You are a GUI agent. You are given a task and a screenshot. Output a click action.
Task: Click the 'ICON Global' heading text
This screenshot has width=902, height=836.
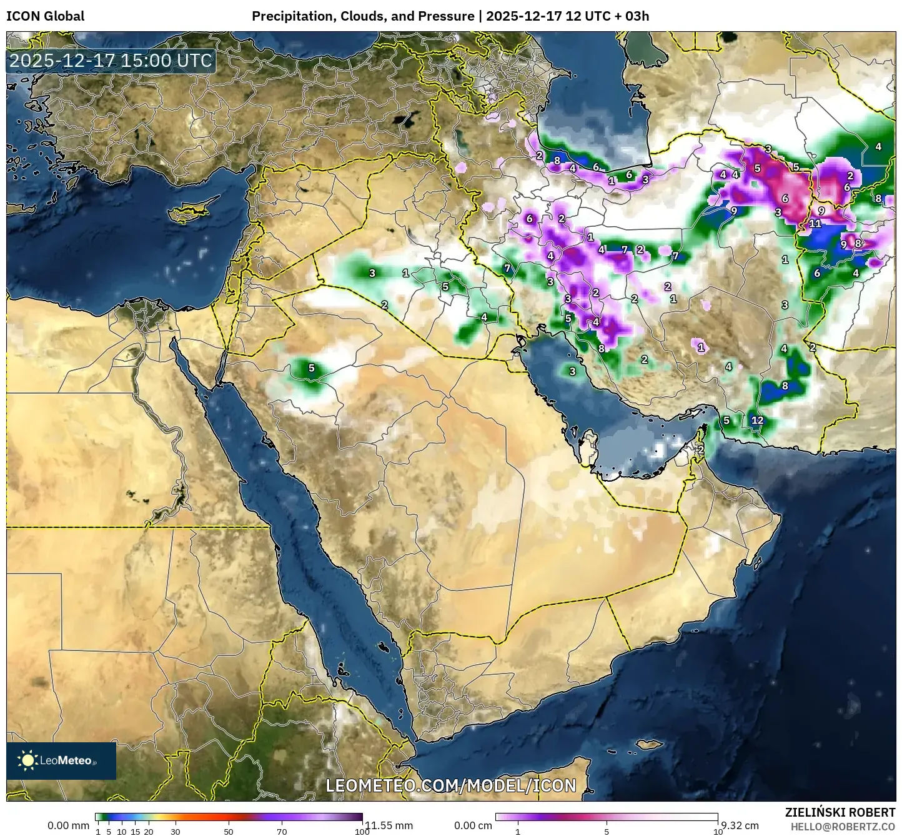tap(45, 16)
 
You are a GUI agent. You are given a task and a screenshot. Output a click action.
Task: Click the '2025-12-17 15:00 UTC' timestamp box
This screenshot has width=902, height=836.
tap(111, 61)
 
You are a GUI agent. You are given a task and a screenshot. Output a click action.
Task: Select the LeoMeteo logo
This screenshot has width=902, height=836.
tap(61, 760)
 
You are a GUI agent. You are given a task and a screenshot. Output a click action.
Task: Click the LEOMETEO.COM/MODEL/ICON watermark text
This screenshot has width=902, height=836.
tap(451, 785)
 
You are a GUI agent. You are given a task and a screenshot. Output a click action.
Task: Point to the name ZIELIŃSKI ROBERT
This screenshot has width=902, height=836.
tap(840, 812)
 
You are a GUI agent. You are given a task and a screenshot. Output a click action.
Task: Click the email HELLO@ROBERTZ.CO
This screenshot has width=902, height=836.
tap(843, 826)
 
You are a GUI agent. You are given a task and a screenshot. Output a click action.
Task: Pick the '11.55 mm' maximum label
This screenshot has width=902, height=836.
tap(389, 825)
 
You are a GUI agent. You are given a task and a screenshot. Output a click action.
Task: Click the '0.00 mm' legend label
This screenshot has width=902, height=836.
tap(68, 825)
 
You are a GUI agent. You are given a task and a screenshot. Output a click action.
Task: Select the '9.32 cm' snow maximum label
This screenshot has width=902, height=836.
tap(739, 825)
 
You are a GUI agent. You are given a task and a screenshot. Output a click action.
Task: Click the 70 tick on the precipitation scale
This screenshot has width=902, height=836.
tap(282, 832)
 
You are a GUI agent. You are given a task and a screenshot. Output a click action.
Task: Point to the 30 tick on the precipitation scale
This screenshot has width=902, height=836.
tap(176, 832)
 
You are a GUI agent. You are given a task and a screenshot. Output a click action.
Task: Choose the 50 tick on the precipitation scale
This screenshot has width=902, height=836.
tap(229, 832)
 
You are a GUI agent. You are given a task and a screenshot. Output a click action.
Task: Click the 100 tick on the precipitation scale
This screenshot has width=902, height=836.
tap(362, 832)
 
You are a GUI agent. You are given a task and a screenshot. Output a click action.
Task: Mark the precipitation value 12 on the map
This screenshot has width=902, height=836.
tap(757, 420)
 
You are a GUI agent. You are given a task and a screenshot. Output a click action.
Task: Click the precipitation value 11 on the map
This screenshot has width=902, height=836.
tap(815, 223)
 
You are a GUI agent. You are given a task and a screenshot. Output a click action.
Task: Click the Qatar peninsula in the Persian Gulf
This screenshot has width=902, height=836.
tap(587, 444)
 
